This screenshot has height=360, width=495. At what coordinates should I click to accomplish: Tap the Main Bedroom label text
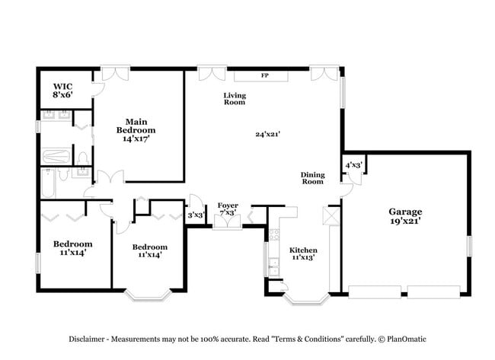pyautogui.click(x=137, y=126)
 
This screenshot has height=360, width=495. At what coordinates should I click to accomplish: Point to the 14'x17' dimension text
pyautogui.click(x=137, y=139)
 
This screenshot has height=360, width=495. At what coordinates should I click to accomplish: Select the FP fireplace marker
pyautogui.click(x=264, y=75)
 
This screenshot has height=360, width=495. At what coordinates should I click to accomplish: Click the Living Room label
pyautogui.click(x=234, y=98)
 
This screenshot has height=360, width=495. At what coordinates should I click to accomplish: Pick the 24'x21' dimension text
pyautogui.click(x=268, y=134)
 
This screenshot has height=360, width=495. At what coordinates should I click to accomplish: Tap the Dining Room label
pyautogui.click(x=312, y=178)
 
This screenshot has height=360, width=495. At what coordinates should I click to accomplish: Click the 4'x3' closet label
pyautogui.click(x=353, y=164)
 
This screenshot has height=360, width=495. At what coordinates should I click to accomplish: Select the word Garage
pyautogui.click(x=404, y=212)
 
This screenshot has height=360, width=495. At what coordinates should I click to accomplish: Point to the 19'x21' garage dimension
pyautogui.click(x=404, y=221)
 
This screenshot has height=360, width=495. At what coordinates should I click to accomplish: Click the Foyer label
pyautogui.click(x=228, y=205)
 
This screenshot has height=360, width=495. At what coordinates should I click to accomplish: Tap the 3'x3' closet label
pyautogui.click(x=196, y=215)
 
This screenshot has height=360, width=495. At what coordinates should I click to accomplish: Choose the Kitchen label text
pyautogui.click(x=303, y=250)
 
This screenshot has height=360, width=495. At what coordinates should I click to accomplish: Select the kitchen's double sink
pyautogui.click(x=273, y=267)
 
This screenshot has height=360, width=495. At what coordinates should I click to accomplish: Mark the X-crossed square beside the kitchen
pyautogui.click(x=331, y=216)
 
